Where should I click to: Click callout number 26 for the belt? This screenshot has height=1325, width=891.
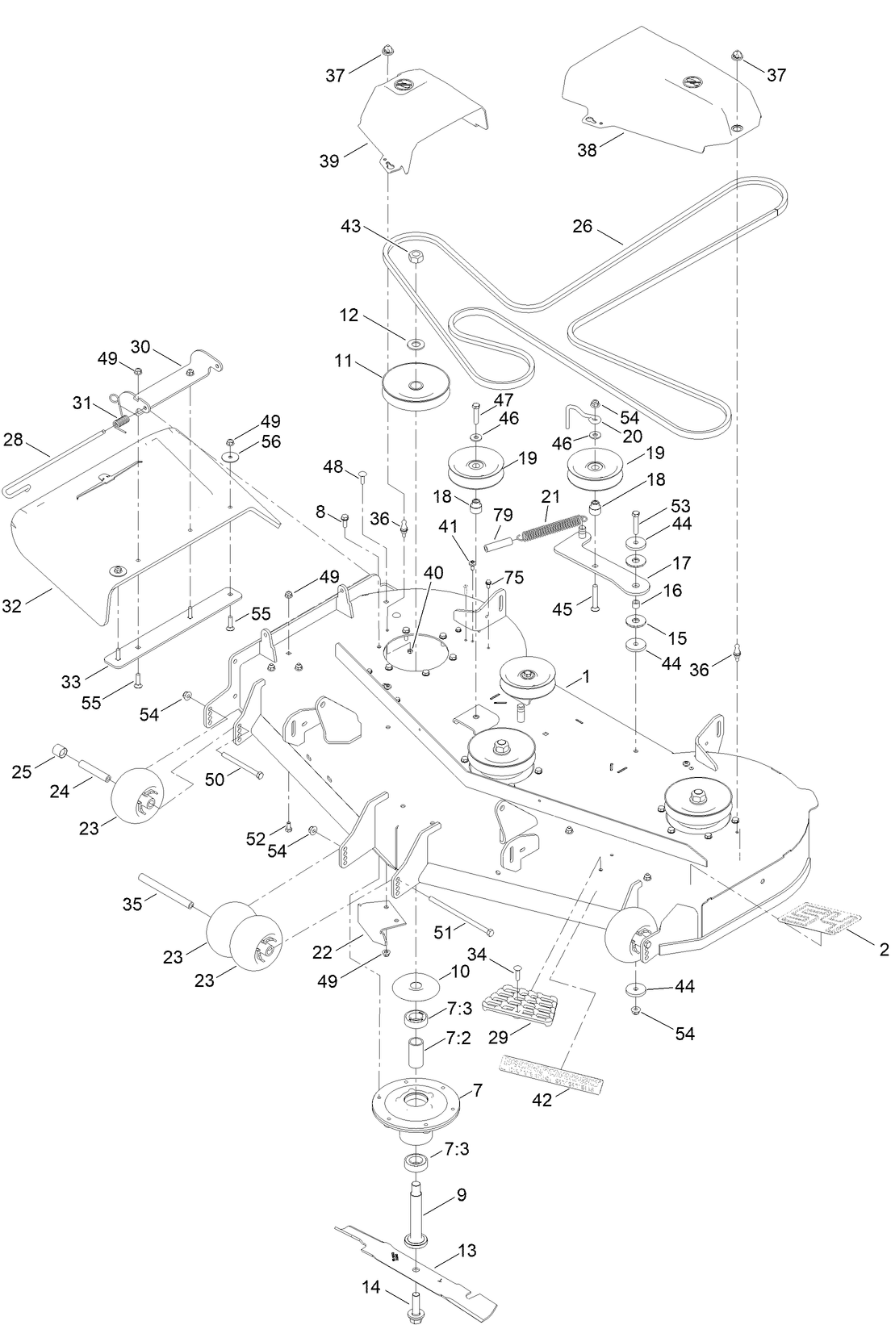click(582, 226)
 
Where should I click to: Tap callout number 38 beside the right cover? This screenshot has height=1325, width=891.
click(587, 150)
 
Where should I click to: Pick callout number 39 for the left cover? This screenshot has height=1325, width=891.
click(328, 160)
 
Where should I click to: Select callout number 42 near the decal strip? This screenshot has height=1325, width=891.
click(542, 1099)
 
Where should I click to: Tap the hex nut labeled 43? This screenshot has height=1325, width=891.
click(415, 258)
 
